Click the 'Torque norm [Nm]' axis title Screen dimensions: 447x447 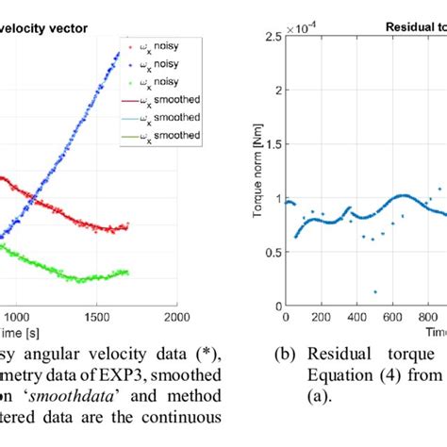click(256, 172)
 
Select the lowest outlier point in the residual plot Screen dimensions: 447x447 click(375, 292)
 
